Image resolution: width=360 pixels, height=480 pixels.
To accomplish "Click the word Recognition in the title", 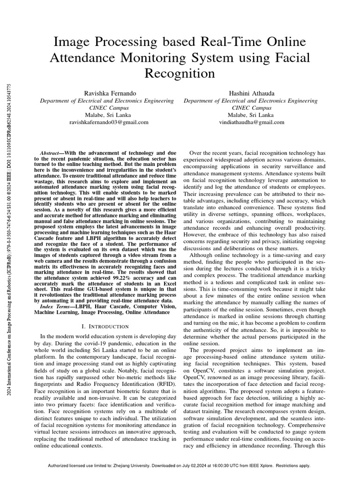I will click(x=180, y=74).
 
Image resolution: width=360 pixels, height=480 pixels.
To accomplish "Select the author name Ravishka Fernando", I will click(x=110, y=94).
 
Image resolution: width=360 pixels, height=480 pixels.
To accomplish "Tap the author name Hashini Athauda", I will click(x=250, y=94).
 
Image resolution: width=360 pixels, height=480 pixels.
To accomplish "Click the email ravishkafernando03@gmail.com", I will click(x=110, y=122).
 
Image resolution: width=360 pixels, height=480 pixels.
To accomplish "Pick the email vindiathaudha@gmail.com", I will click(x=250, y=122).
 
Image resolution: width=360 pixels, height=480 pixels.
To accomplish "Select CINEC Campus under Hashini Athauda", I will click(x=250, y=108).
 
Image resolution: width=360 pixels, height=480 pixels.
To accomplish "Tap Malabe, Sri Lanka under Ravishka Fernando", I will click(x=110, y=115).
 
